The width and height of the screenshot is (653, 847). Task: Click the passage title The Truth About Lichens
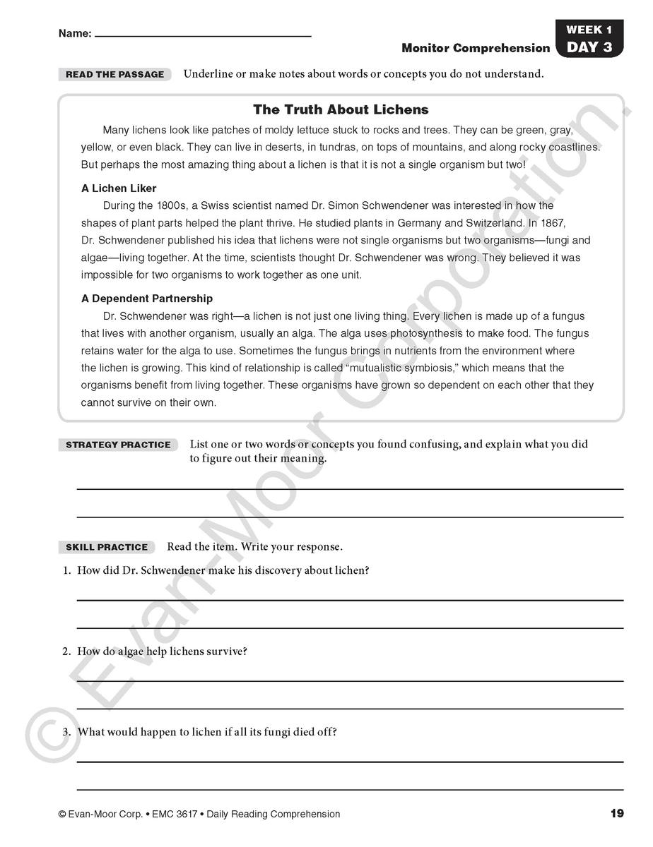click(x=341, y=109)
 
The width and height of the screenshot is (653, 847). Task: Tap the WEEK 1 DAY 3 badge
click(x=589, y=39)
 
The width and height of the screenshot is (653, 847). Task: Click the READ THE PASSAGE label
click(x=114, y=74)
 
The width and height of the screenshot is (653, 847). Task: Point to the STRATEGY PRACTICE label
click(x=118, y=445)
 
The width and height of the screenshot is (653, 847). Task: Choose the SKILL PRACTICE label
click(x=107, y=547)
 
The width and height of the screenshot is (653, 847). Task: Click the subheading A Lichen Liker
click(x=119, y=188)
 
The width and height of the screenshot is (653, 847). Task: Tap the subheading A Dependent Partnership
click(x=147, y=299)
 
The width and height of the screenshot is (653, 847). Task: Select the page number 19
click(x=617, y=814)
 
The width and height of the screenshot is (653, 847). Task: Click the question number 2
click(x=66, y=651)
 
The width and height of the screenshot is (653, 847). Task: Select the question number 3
click(x=66, y=732)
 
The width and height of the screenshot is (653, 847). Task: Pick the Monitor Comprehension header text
click(x=476, y=48)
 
